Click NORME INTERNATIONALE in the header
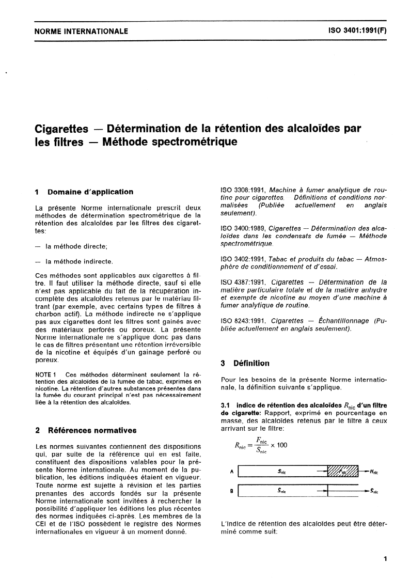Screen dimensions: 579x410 [x=81, y=31]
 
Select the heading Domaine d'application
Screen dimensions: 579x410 [x=90, y=192]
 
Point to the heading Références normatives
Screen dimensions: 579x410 [x=92, y=430]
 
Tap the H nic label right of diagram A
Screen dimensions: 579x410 [x=374, y=472]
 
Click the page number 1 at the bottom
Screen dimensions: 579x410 [x=385, y=559]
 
